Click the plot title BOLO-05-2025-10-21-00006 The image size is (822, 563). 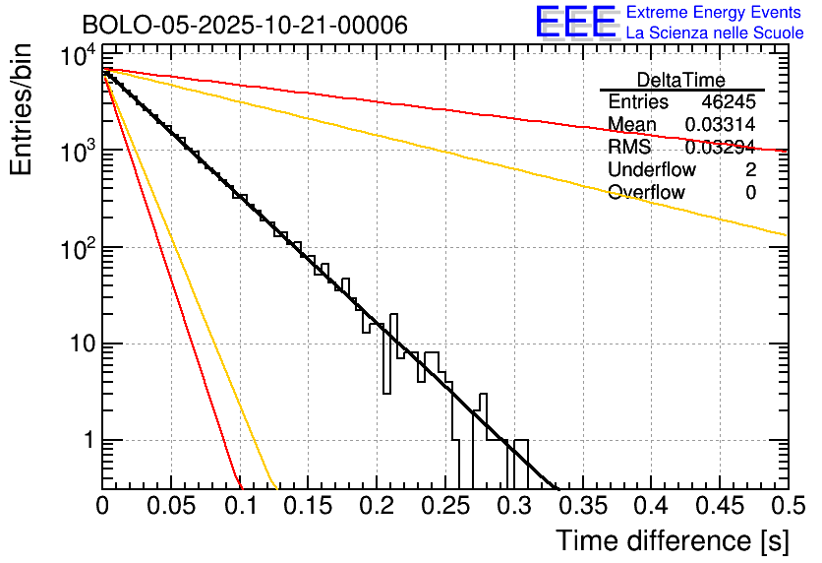(x=245, y=24)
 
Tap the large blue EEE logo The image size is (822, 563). (x=575, y=22)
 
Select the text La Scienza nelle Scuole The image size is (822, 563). (x=715, y=32)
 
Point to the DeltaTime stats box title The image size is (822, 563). (x=681, y=80)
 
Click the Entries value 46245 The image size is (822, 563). (x=729, y=102)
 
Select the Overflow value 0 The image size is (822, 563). (x=750, y=193)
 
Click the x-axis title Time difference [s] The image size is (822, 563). (x=672, y=540)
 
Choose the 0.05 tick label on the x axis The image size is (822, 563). (x=172, y=506)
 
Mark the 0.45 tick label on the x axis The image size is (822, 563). (x=719, y=506)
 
